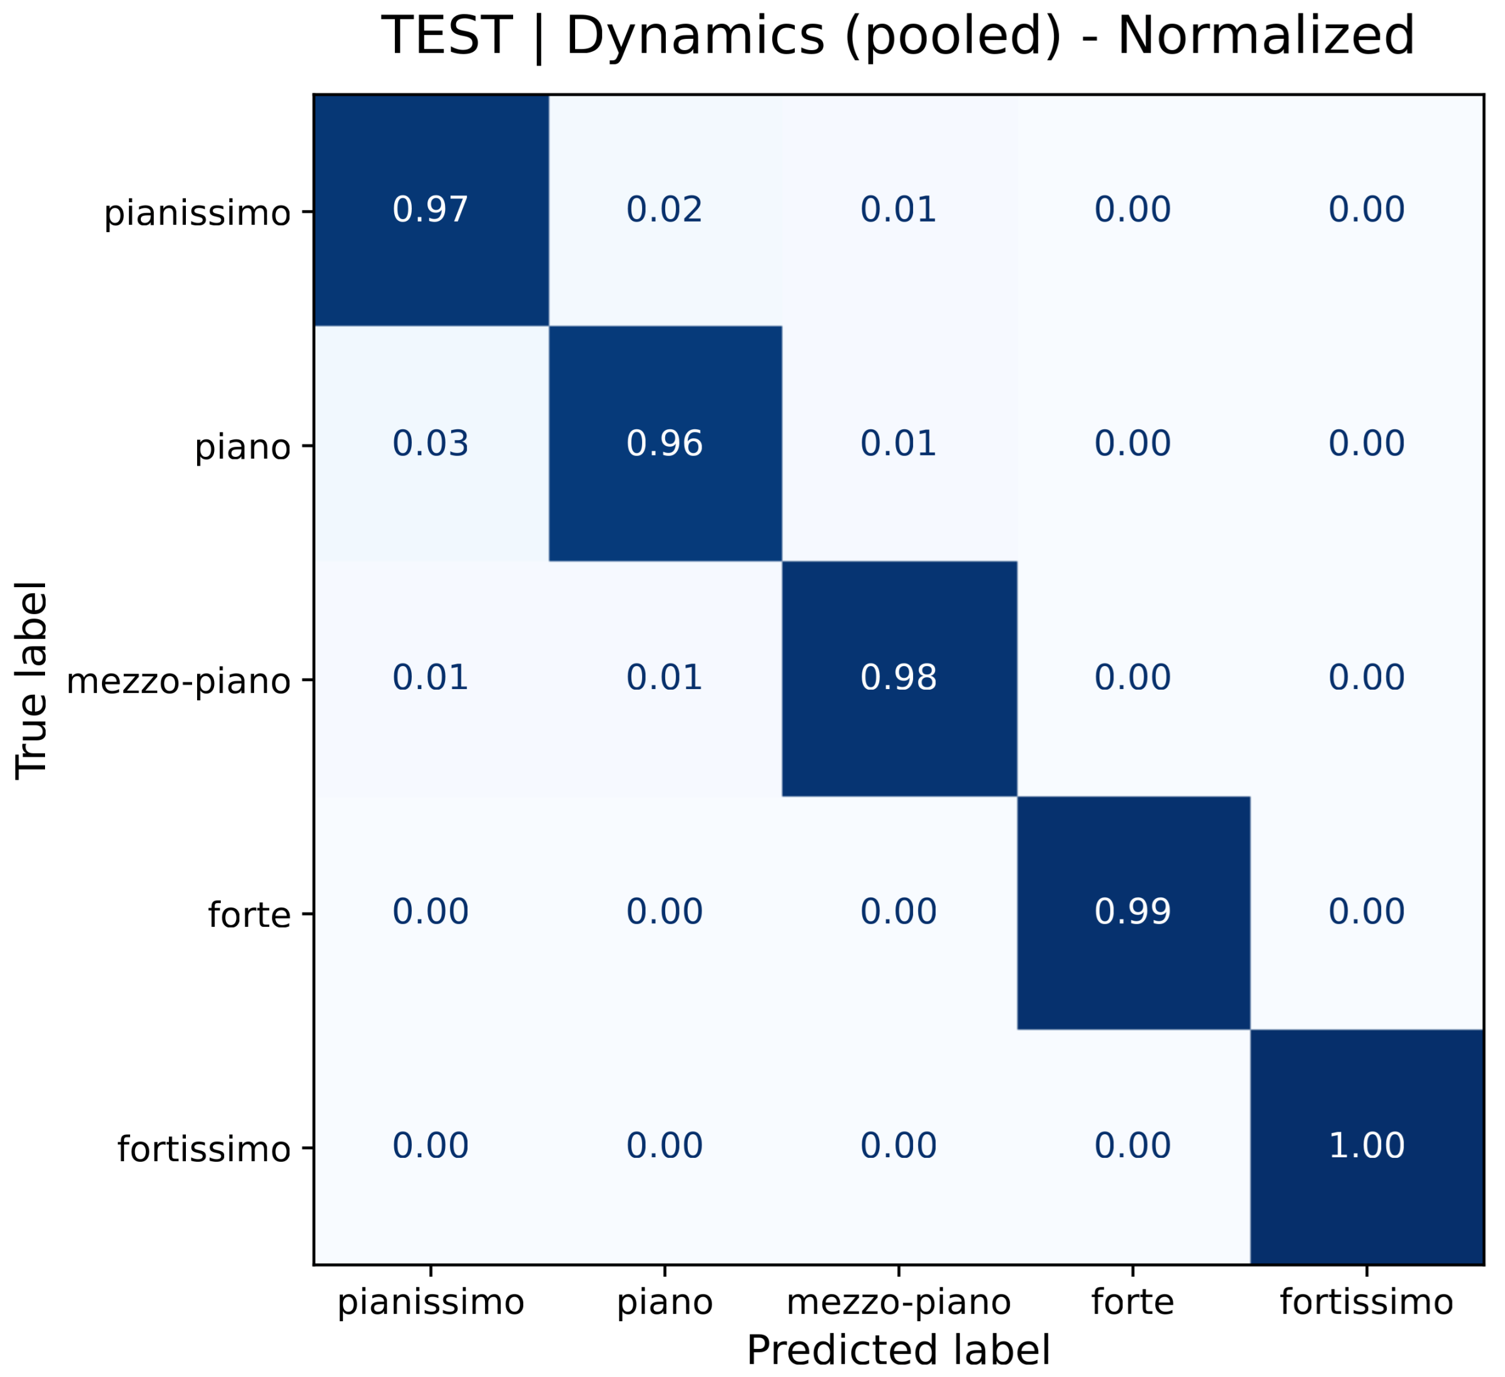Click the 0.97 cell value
(431, 210)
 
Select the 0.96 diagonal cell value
(665, 444)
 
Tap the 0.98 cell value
(899, 678)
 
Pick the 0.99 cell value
(1133, 912)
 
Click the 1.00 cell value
(1367, 1145)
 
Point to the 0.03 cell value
(431, 444)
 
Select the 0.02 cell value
(665, 210)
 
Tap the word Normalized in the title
(1266, 36)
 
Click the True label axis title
(31, 680)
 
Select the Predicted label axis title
(899, 1350)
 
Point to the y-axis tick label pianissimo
(197, 213)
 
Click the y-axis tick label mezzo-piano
(178, 681)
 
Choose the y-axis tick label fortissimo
(204, 1149)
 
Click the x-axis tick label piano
(665, 1303)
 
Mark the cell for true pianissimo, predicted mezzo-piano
(899, 210)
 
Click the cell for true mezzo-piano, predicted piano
(665, 678)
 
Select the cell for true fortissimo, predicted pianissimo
(431, 1145)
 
